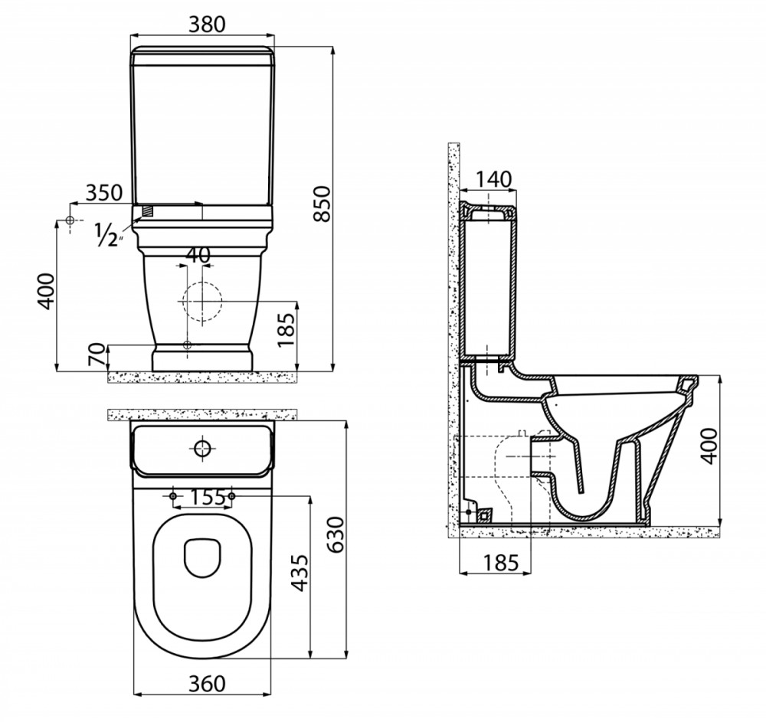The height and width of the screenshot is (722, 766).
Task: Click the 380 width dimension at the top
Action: click(x=207, y=24)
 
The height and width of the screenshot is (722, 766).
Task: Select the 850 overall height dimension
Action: click(x=322, y=204)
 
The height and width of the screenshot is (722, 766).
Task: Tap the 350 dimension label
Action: click(x=104, y=193)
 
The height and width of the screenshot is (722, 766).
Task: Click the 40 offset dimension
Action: click(x=198, y=255)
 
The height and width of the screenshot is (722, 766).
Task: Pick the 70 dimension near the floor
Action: click(x=97, y=355)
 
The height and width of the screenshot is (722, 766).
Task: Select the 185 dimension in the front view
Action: click(x=286, y=329)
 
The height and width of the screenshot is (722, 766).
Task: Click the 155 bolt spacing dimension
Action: click(x=207, y=497)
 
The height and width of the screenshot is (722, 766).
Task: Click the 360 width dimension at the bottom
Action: click(x=207, y=684)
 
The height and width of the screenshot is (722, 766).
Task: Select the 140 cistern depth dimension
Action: click(x=493, y=180)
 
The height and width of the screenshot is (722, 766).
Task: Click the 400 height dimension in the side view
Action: click(x=709, y=446)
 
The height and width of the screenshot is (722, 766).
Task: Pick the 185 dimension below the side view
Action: click(x=501, y=563)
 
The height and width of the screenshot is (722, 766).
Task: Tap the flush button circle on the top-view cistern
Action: click(x=202, y=448)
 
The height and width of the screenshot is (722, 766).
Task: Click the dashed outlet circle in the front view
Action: click(x=202, y=302)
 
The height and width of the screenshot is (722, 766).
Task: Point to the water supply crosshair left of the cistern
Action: click(x=70, y=221)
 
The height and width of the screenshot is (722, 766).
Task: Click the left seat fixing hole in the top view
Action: click(x=172, y=496)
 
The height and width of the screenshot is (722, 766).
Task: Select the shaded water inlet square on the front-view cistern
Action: click(x=148, y=211)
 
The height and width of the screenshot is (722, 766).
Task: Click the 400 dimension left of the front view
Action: click(x=47, y=291)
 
